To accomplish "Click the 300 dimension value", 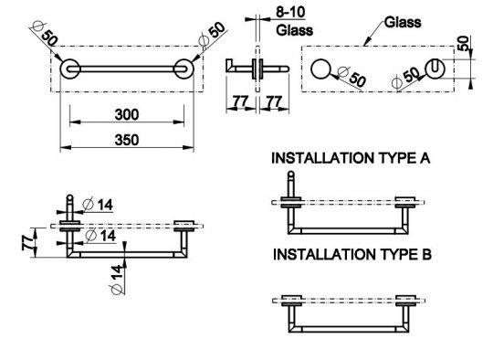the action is [x=127, y=114].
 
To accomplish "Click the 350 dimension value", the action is [x=127, y=140].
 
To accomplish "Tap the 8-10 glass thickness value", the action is [x=290, y=12].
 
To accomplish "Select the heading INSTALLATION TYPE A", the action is [x=351, y=158].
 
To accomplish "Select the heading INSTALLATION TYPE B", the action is [x=352, y=254].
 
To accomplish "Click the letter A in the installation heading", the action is [x=425, y=158].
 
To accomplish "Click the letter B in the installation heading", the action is [x=426, y=254].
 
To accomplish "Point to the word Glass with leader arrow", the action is [x=403, y=22].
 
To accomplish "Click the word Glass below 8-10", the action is [x=295, y=30].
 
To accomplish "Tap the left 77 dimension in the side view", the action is [x=240, y=101].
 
